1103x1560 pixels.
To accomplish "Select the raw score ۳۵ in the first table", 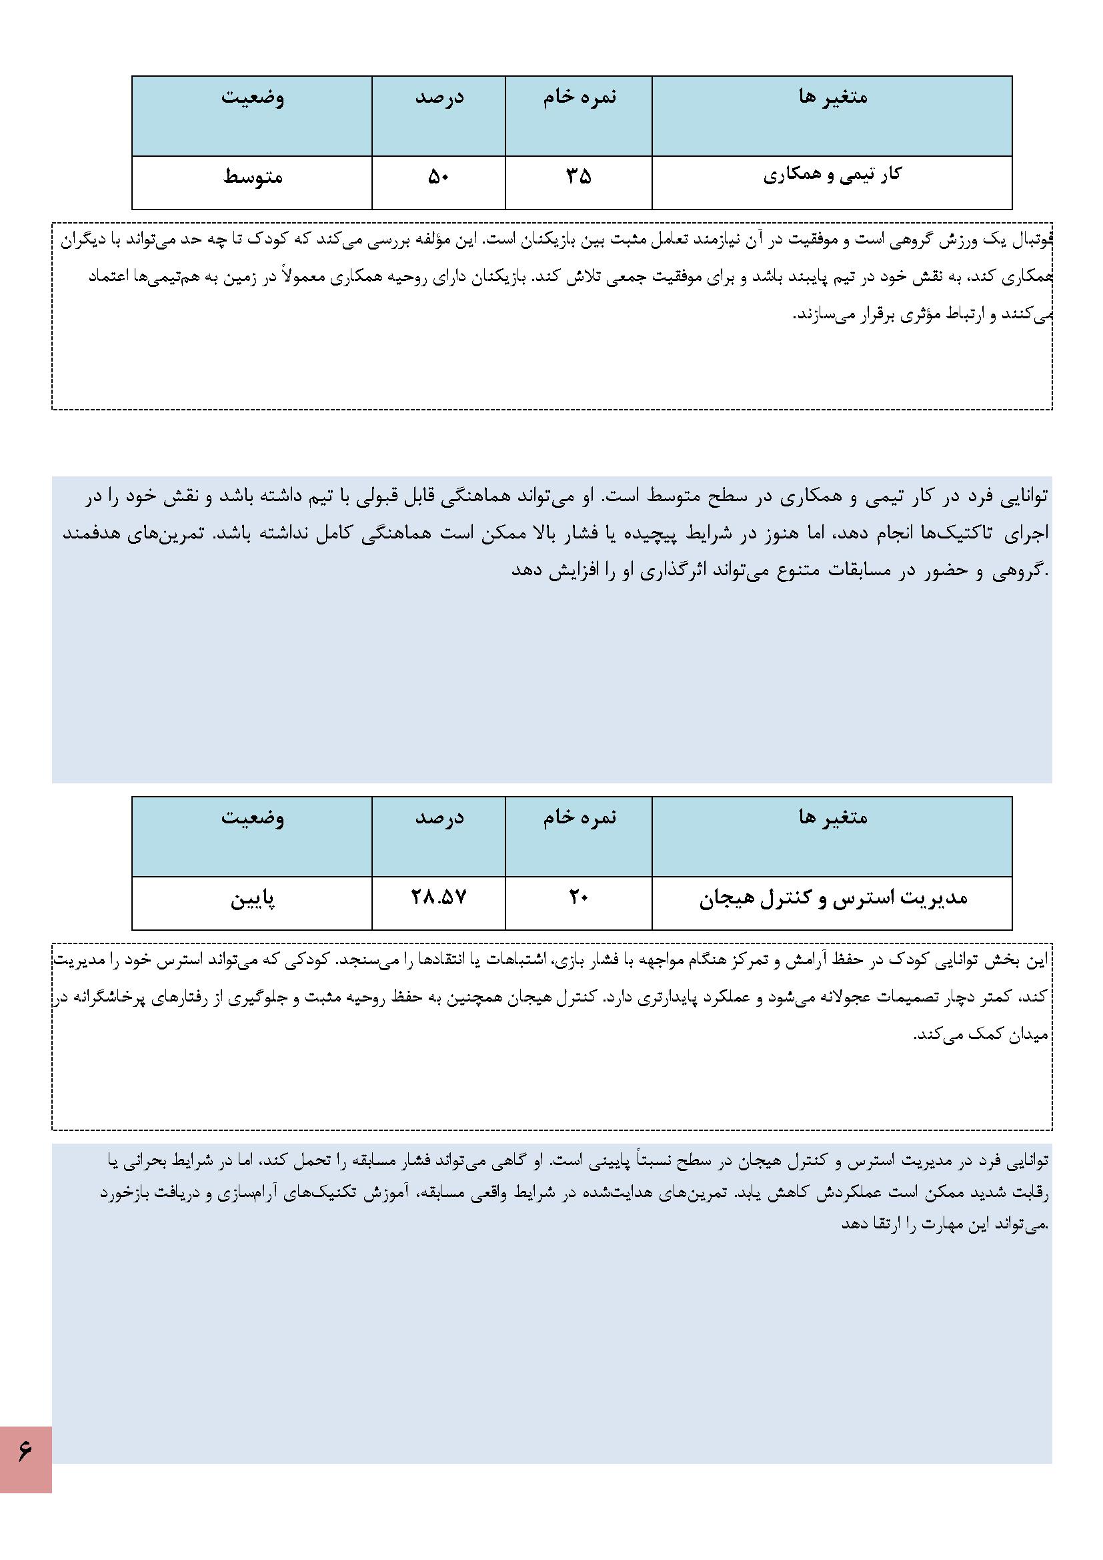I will coord(579,177).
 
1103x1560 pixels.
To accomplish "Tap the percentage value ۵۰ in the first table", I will coord(438,177).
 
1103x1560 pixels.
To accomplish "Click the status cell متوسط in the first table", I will coord(252,178).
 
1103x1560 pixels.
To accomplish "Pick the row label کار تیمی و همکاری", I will coord(832,175).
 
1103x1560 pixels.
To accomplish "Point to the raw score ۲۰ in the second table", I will coord(579,897).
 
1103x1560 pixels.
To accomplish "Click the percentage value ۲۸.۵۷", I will coord(439,897).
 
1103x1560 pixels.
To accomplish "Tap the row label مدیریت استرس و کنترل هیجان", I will coord(833,898).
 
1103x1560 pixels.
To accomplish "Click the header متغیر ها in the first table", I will coord(833,97).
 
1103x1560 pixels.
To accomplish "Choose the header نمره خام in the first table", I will coord(580,97).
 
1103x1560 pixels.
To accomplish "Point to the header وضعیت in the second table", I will coord(253,817).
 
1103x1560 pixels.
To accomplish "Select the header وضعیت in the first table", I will coord(253,97).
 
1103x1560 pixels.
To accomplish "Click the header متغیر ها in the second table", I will coord(833,817).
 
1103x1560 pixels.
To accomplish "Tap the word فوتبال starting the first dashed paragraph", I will coord(1032,240).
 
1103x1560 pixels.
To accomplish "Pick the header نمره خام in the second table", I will coord(580,817).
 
